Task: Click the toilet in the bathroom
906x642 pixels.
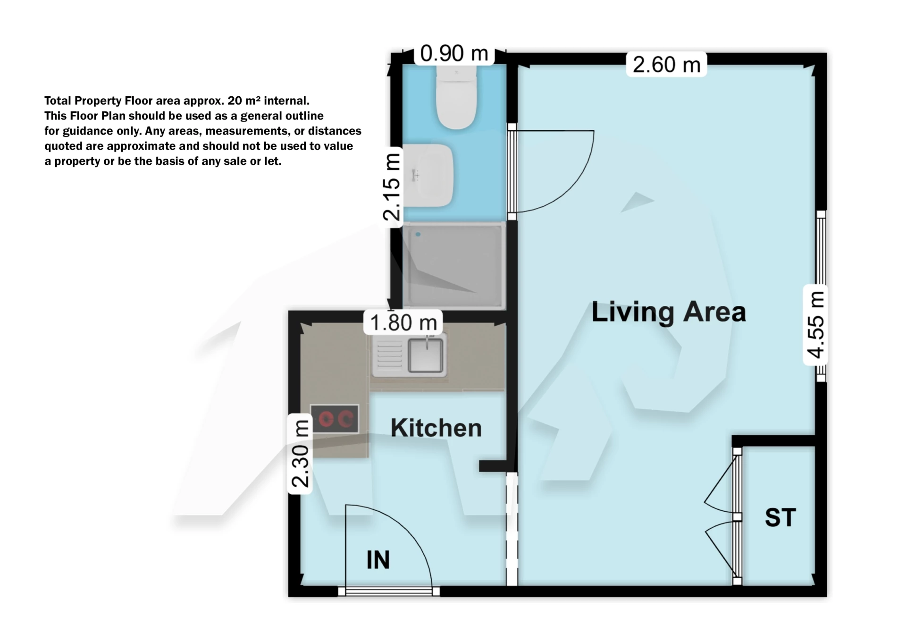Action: (x=456, y=97)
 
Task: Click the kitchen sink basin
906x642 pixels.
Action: (x=426, y=355)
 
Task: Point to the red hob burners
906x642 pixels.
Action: (x=334, y=419)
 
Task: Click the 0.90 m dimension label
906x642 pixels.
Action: (x=454, y=53)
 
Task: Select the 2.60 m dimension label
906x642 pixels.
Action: (x=666, y=65)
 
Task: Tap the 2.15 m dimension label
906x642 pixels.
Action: (x=392, y=187)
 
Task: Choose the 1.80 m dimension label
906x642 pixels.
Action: (x=403, y=323)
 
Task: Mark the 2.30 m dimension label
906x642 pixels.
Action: (x=300, y=454)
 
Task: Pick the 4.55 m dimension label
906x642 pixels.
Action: (x=815, y=325)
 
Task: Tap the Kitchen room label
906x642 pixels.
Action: (x=436, y=428)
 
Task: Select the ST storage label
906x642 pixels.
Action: (x=780, y=518)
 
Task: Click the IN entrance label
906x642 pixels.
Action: (x=378, y=560)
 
